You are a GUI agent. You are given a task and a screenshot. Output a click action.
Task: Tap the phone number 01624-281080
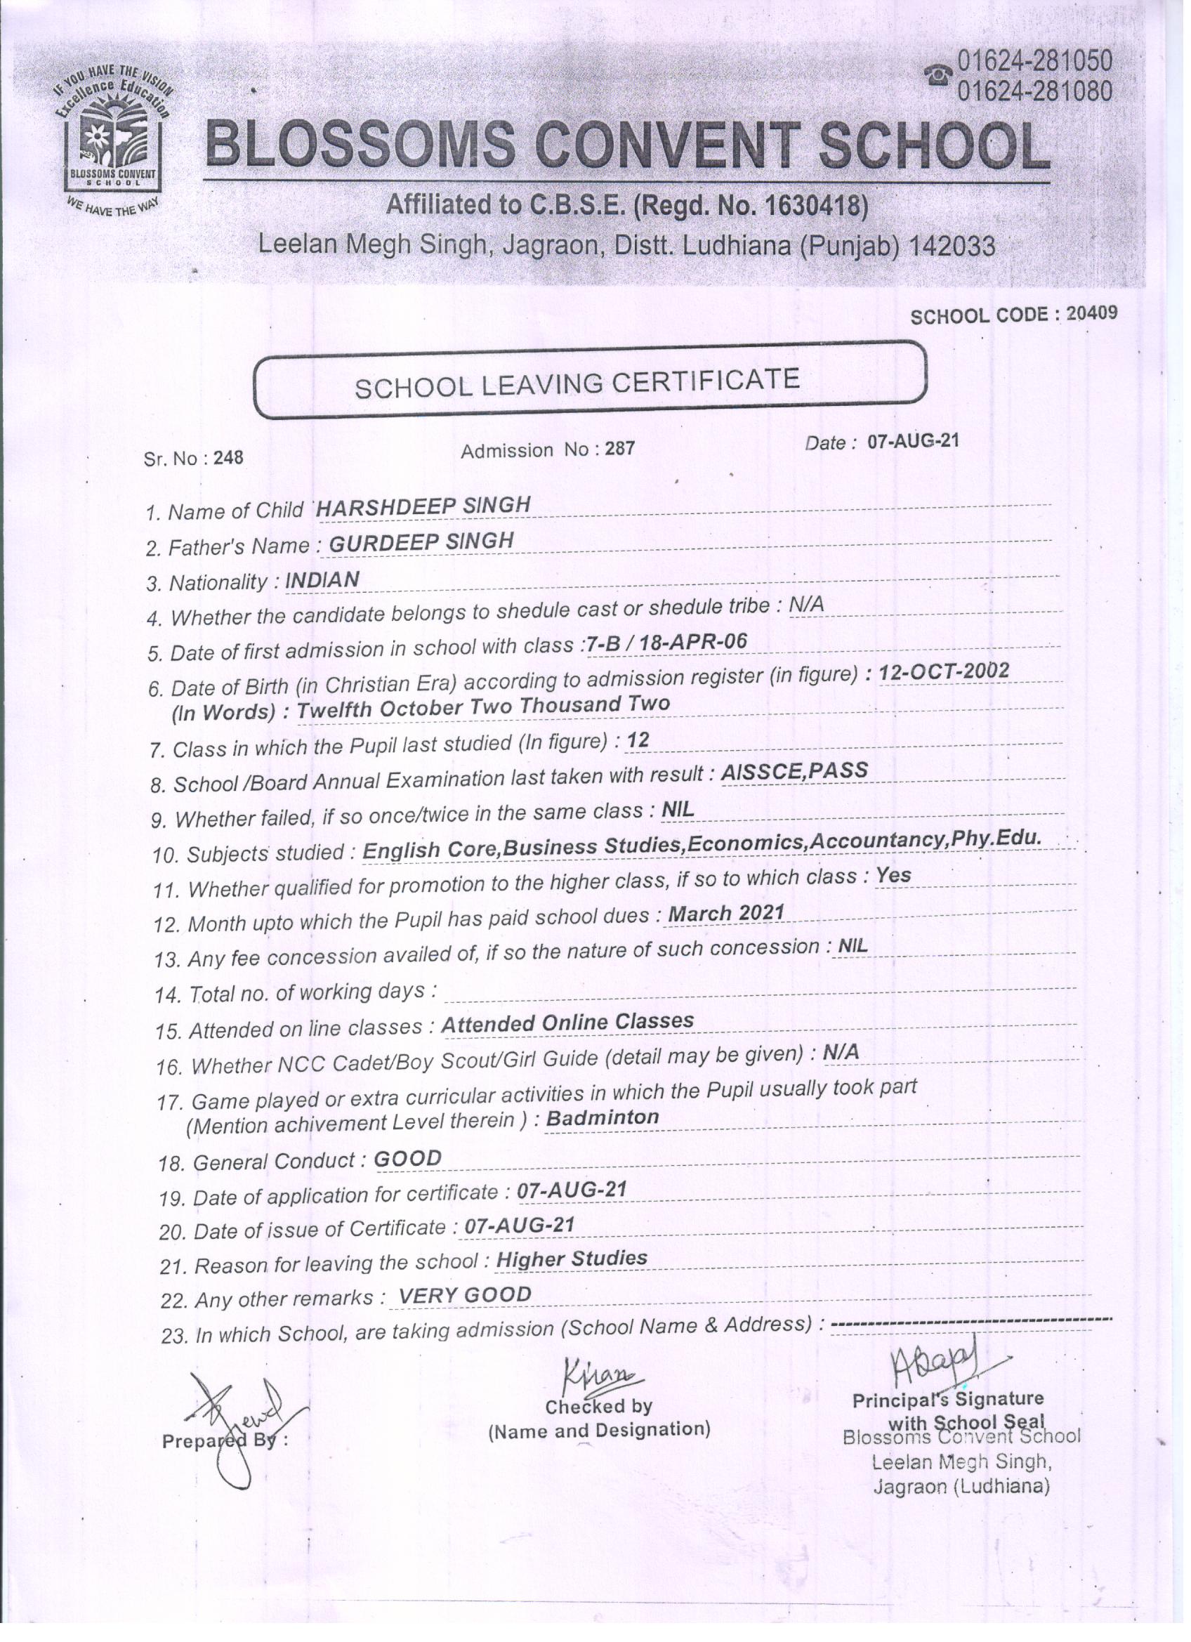[1034, 91]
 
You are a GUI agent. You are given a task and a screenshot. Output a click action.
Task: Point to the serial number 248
[228, 459]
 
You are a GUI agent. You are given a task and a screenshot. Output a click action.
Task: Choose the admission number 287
[620, 449]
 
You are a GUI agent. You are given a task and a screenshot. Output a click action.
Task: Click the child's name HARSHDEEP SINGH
[423, 506]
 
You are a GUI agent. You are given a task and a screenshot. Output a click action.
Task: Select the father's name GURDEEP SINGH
[421, 541]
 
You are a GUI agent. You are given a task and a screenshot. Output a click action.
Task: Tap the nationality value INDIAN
[322, 580]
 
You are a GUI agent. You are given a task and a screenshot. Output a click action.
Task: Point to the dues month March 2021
[726, 913]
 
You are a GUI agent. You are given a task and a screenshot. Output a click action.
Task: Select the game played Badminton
[603, 1117]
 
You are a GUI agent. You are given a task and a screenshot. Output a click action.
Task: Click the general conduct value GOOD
[407, 1159]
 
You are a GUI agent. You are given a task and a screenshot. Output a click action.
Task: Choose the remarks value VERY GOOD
[465, 1294]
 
